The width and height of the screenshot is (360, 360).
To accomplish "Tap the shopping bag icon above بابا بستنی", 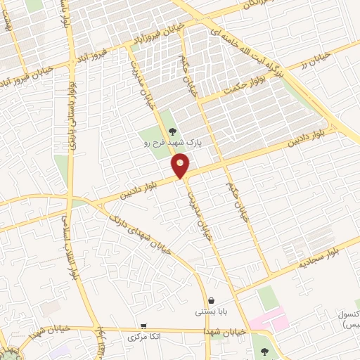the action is pyautogui.click(x=211, y=300).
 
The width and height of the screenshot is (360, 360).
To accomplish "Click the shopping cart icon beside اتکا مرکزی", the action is pyautogui.click(x=143, y=326).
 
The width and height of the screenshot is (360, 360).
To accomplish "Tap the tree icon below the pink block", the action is pyautogui.click(x=264, y=351).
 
